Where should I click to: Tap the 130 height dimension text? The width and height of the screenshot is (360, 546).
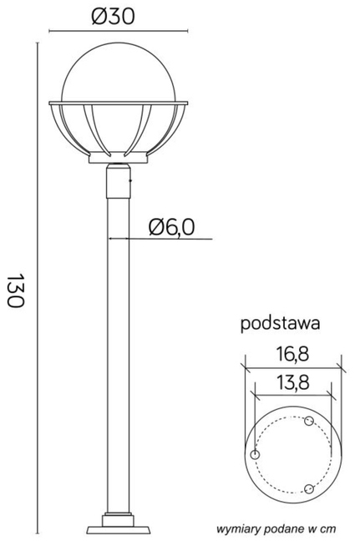click(15, 290)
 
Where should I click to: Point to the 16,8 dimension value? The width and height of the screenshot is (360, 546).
click(292, 354)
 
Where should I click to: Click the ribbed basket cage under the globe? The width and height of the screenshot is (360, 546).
click(117, 129)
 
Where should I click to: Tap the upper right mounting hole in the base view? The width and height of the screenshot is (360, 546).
click(308, 421)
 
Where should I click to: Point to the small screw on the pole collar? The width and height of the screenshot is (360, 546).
click(129, 178)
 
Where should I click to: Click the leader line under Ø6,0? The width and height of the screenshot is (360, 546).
click(167, 239)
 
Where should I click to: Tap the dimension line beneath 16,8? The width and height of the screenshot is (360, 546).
click(292, 366)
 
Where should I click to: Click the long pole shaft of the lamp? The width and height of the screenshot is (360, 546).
click(117, 351)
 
